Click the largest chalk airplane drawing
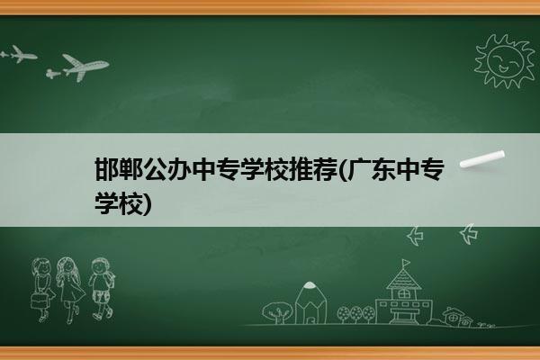[85, 67]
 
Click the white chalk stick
[482, 159]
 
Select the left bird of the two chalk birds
[416, 236]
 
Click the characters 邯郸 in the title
[119, 169]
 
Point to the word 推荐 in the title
[314, 169]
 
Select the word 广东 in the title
[371, 169]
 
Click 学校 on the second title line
[119, 202]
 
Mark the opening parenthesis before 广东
[343, 170]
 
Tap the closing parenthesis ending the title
[148, 203]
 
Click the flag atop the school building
[406, 263]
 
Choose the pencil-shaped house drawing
[310, 302]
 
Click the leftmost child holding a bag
[42, 289]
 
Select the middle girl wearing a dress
[70, 290]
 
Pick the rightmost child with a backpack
[102, 289]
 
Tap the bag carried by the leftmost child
[39, 301]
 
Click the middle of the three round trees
[356, 314]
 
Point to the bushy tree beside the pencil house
[277, 312]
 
